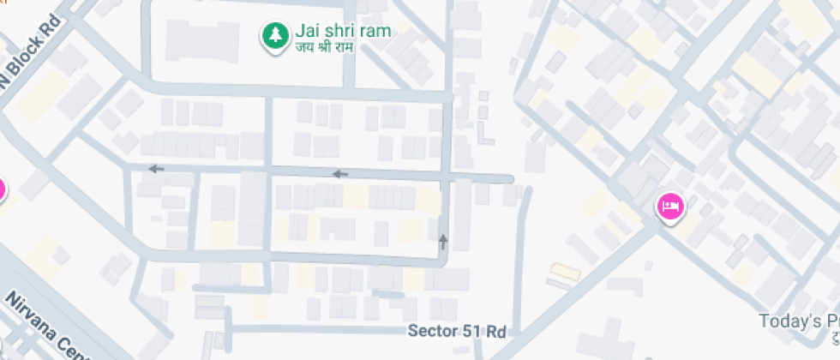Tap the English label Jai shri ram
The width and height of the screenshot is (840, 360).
click(x=342, y=31)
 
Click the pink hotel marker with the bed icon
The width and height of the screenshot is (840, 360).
click(x=670, y=207)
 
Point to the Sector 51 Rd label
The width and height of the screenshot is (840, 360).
click(x=457, y=331)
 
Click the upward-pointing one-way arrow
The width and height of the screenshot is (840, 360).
click(x=443, y=241)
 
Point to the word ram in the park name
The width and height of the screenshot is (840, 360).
click(x=376, y=31)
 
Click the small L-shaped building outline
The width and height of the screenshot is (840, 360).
click(x=486, y=133)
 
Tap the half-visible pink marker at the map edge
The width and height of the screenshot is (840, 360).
click(x=2, y=189)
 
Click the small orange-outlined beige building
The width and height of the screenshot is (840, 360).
click(x=564, y=272)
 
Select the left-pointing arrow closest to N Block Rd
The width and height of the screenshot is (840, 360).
click(x=155, y=169)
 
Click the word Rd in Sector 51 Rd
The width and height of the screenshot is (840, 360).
click(x=495, y=331)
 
